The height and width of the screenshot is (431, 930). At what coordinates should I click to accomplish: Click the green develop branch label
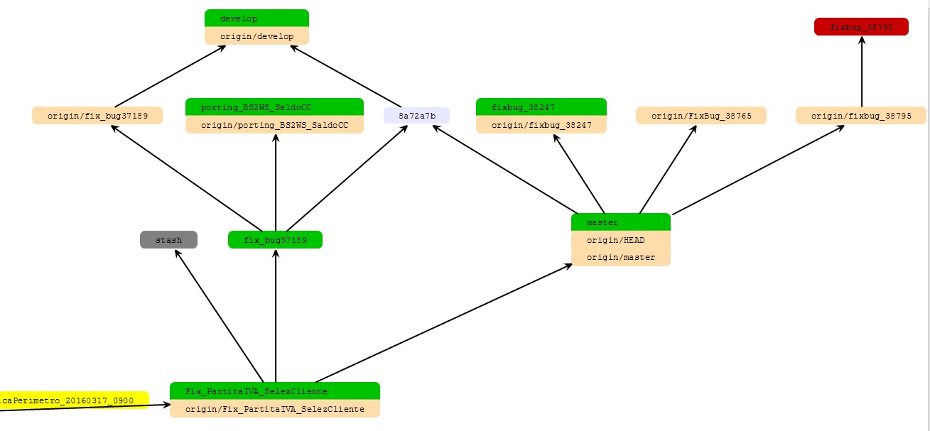click(x=256, y=18)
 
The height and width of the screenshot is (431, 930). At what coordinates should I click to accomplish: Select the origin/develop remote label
click(x=256, y=36)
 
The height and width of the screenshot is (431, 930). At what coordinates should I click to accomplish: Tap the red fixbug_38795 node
click(x=861, y=27)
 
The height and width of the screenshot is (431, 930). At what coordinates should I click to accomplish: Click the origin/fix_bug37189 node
click(x=97, y=115)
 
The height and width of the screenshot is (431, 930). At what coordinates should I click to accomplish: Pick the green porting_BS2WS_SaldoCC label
click(x=274, y=107)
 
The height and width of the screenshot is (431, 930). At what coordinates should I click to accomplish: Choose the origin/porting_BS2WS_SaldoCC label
click(x=274, y=125)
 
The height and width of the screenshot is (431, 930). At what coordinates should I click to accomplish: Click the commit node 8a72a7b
click(x=416, y=115)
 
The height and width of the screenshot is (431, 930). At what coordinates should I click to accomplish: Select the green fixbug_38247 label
click(x=541, y=107)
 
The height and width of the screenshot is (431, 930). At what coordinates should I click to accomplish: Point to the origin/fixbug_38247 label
click(x=541, y=125)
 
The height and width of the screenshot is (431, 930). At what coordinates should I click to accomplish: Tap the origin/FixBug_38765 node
click(x=701, y=115)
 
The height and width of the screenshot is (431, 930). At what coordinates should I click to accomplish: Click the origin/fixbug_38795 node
click(x=861, y=115)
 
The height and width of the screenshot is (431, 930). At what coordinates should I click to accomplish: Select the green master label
click(x=620, y=222)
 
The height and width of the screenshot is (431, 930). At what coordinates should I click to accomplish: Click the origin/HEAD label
click(x=620, y=240)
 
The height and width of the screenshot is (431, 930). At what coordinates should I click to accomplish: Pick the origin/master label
click(x=620, y=257)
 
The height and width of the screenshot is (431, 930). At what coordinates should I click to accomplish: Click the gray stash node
click(x=168, y=240)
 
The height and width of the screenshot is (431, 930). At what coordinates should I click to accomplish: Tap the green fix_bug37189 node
click(x=275, y=240)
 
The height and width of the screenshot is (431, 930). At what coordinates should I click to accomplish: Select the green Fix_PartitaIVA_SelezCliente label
click(x=274, y=391)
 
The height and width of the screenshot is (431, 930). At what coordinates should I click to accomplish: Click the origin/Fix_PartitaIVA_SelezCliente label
click(x=274, y=409)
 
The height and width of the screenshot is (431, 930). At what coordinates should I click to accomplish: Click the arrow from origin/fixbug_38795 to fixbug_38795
click(x=862, y=71)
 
